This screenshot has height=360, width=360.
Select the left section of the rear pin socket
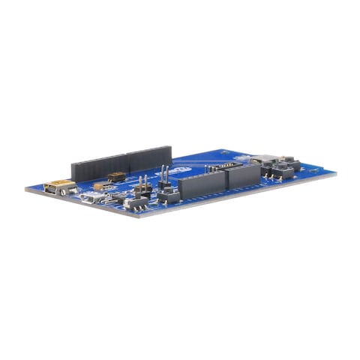coord(97,166)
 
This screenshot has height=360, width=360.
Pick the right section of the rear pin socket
coord(148,157)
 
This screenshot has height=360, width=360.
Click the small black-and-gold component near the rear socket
coord(116,177)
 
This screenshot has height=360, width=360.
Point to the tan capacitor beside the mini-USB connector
coord(98,185)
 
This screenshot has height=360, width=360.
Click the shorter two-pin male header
coord(141,185)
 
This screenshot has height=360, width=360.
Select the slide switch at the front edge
coord(136,202)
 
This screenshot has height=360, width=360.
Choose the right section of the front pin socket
coord(241,176)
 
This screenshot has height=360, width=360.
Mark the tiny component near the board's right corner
coord(314,171)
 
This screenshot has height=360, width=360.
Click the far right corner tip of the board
coord(335,174)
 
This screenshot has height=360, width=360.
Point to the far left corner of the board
coord(27,189)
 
